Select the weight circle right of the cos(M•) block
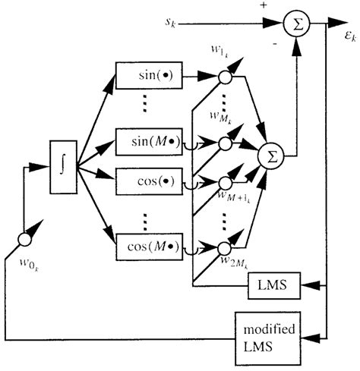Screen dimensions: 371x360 pos(223,247)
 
